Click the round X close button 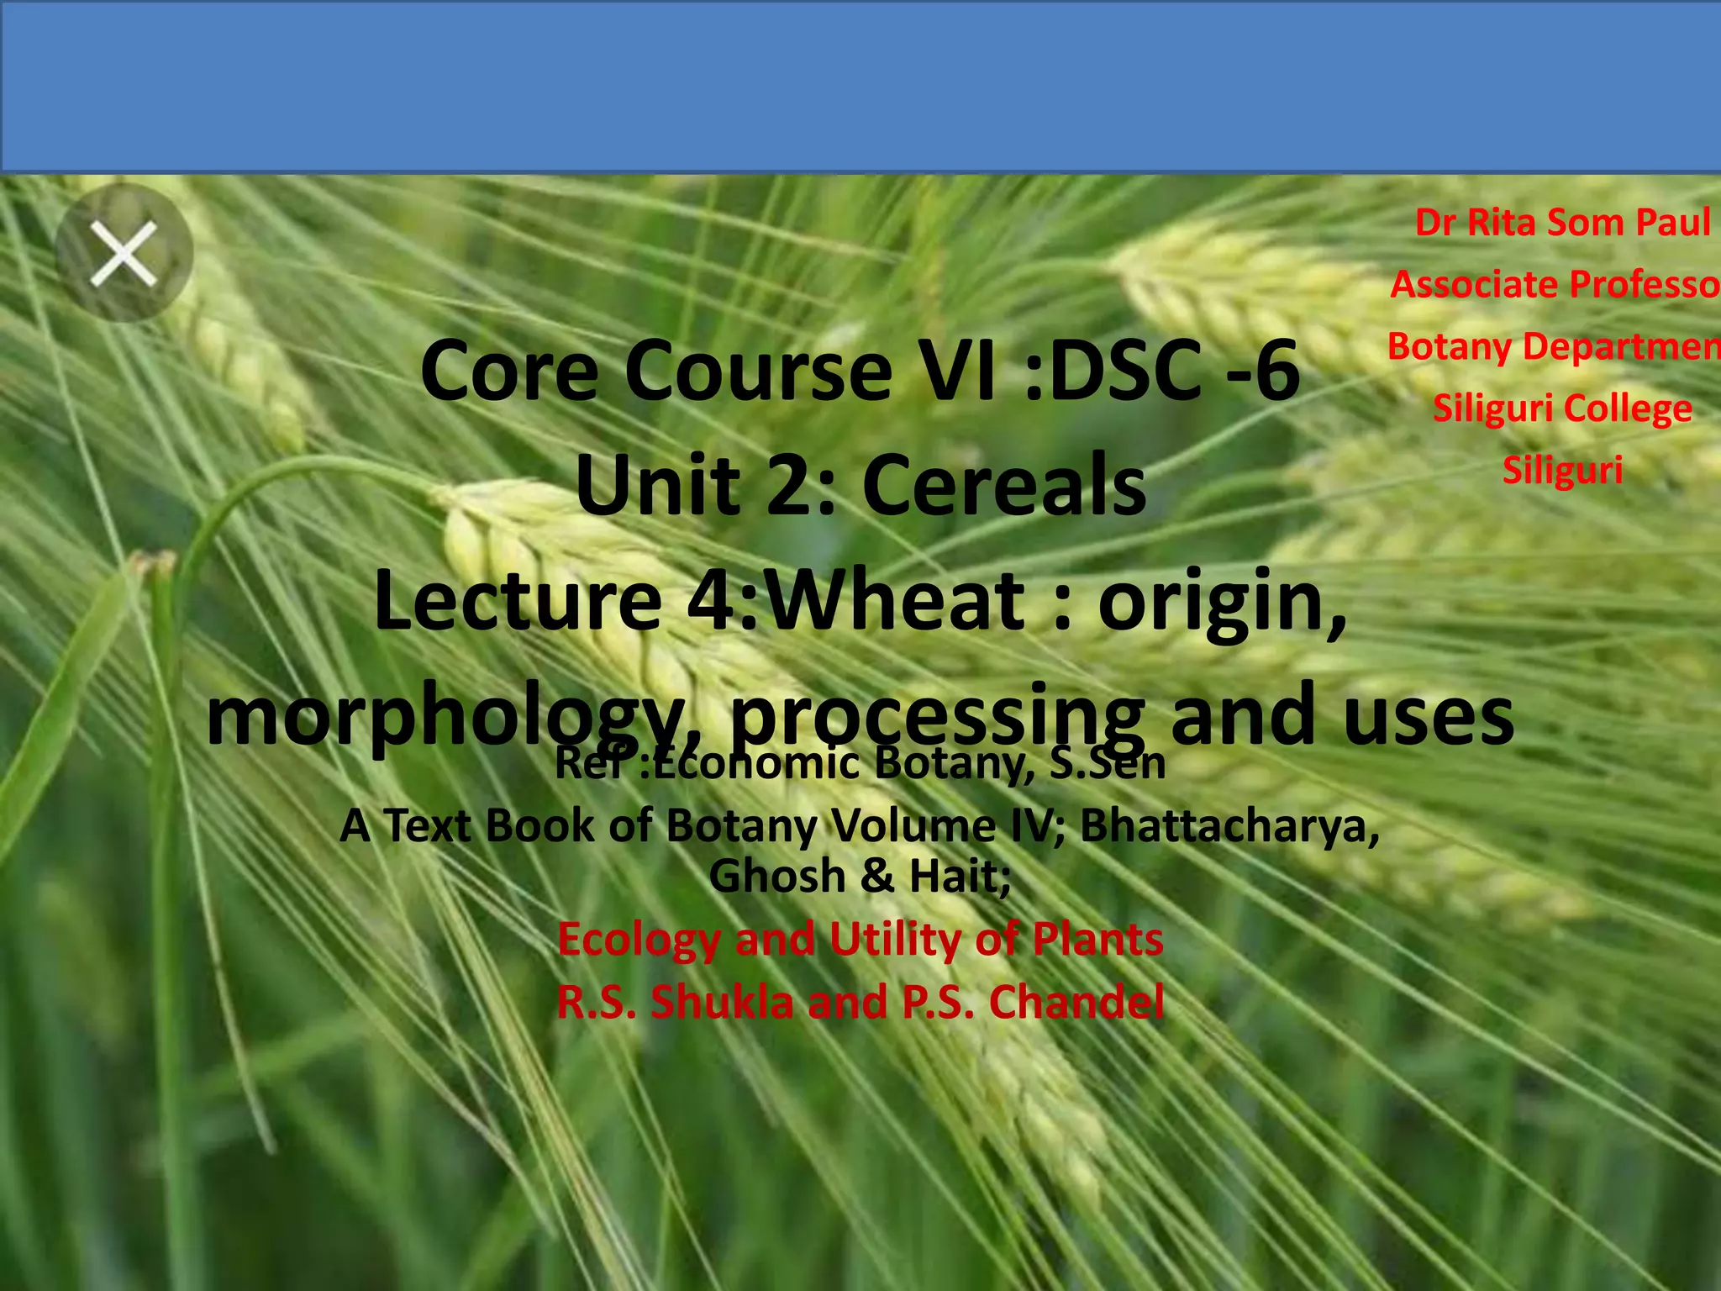click(x=124, y=253)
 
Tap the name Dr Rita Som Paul click(x=1562, y=223)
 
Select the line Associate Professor click(x=1555, y=284)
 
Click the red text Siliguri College click(x=1562, y=408)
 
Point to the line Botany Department click(x=1553, y=346)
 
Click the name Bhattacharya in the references click(x=1229, y=825)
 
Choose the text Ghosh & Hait click(x=860, y=876)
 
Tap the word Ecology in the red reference click(x=639, y=939)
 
